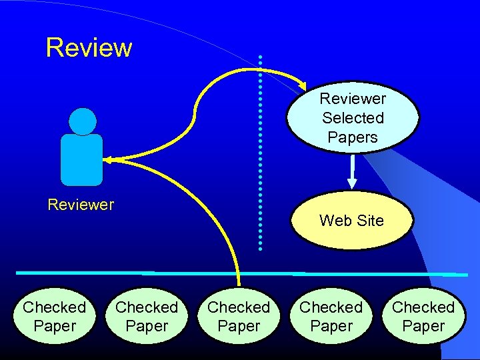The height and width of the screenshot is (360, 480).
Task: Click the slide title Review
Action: point(89,48)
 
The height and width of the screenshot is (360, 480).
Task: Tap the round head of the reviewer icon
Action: point(83,121)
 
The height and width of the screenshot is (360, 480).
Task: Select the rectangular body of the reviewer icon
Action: point(81,159)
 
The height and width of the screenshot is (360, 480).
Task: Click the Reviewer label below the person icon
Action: point(81,205)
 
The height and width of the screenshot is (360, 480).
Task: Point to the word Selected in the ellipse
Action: point(353,118)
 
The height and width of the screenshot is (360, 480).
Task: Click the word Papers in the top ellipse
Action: point(353,137)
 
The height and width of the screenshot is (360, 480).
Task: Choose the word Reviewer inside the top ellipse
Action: point(353,99)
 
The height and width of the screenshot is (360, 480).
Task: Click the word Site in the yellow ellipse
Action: point(371,221)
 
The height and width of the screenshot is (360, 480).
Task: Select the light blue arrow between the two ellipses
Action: point(352,173)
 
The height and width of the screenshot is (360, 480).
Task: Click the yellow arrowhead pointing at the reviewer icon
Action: point(108,160)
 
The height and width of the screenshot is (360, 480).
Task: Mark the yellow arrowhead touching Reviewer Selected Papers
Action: point(301,85)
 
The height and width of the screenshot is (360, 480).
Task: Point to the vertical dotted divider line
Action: point(260,153)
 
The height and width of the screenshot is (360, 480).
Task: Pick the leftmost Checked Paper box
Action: point(55,316)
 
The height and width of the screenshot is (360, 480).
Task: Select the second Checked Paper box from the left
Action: point(147,316)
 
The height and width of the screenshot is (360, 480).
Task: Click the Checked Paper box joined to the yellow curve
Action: point(239,316)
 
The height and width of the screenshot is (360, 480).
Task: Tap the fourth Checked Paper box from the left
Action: point(331,316)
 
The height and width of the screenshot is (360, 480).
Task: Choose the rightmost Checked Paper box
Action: point(423,316)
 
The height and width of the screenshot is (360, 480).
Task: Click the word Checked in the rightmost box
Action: point(423,307)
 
